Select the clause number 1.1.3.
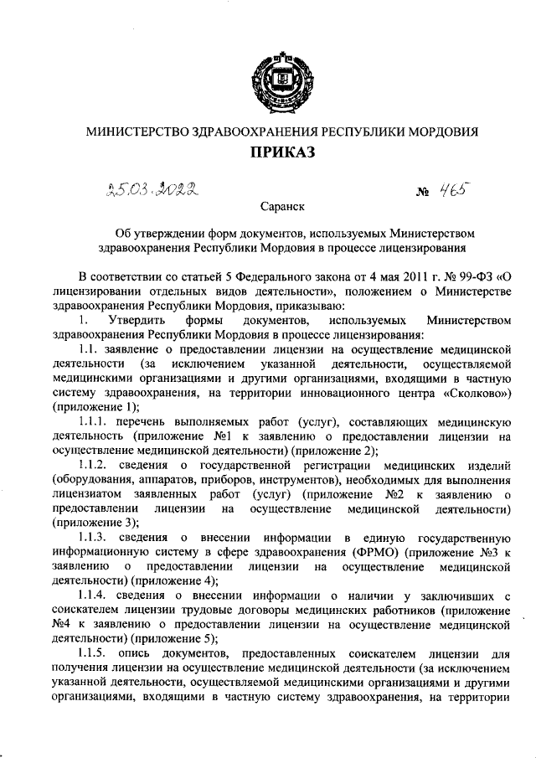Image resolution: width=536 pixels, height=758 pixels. [93, 536]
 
